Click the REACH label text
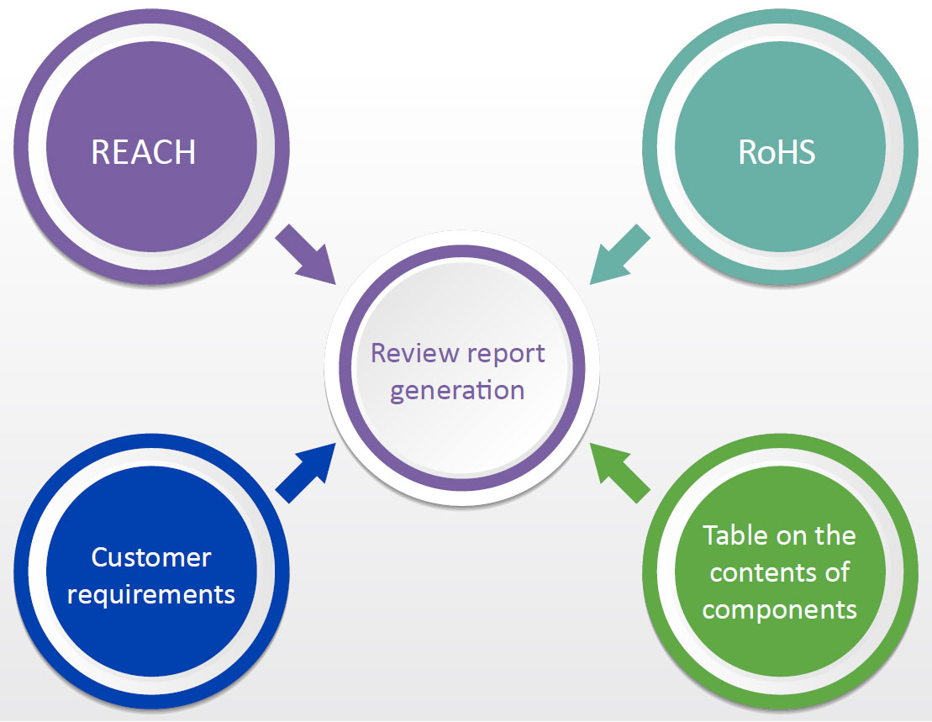coord(143,152)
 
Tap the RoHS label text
coord(777,152)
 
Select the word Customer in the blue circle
coord(151,557)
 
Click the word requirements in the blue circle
coord(151,594)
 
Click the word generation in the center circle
coord(457,391)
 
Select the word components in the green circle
coord(779,609)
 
